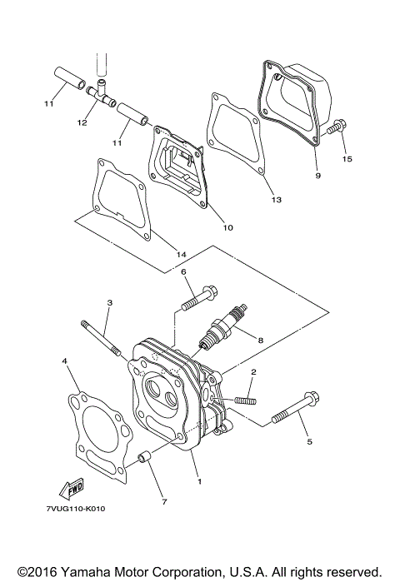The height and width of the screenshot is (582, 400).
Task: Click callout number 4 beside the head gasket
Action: pos(63,361)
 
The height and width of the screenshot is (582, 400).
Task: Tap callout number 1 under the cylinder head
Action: pos(198,481)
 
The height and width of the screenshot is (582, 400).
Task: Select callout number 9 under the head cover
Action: pos(317,176)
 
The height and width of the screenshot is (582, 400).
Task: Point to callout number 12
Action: pos(82,122)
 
